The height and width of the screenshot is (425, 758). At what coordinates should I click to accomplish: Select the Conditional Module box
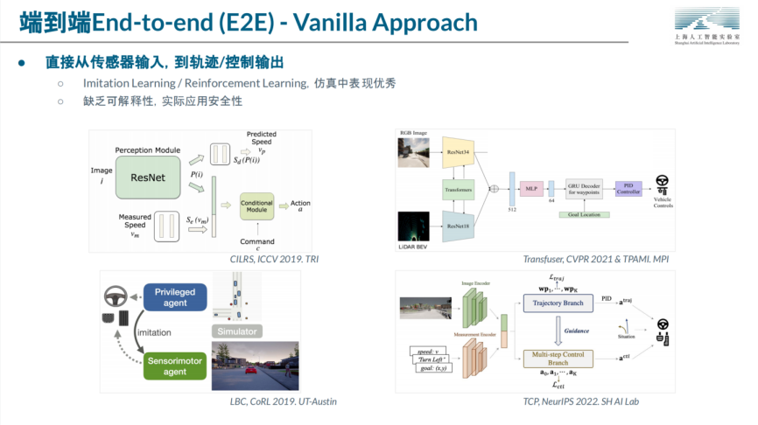pyautogui.click(x=256, y=206)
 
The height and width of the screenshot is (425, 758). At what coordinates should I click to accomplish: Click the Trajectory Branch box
pyautogui.click(x=557, y=303)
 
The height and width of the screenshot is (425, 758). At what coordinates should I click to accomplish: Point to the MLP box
pyautogui.click(x=530, y=186)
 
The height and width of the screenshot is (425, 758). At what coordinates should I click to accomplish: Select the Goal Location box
pyautogui.click(x=584, y=214)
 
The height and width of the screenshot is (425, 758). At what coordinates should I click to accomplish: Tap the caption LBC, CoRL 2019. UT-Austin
pyautogui.click(x=277, y=401)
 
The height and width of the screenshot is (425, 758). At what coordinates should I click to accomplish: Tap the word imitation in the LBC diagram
pyautogui.click(x=154, y=332)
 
